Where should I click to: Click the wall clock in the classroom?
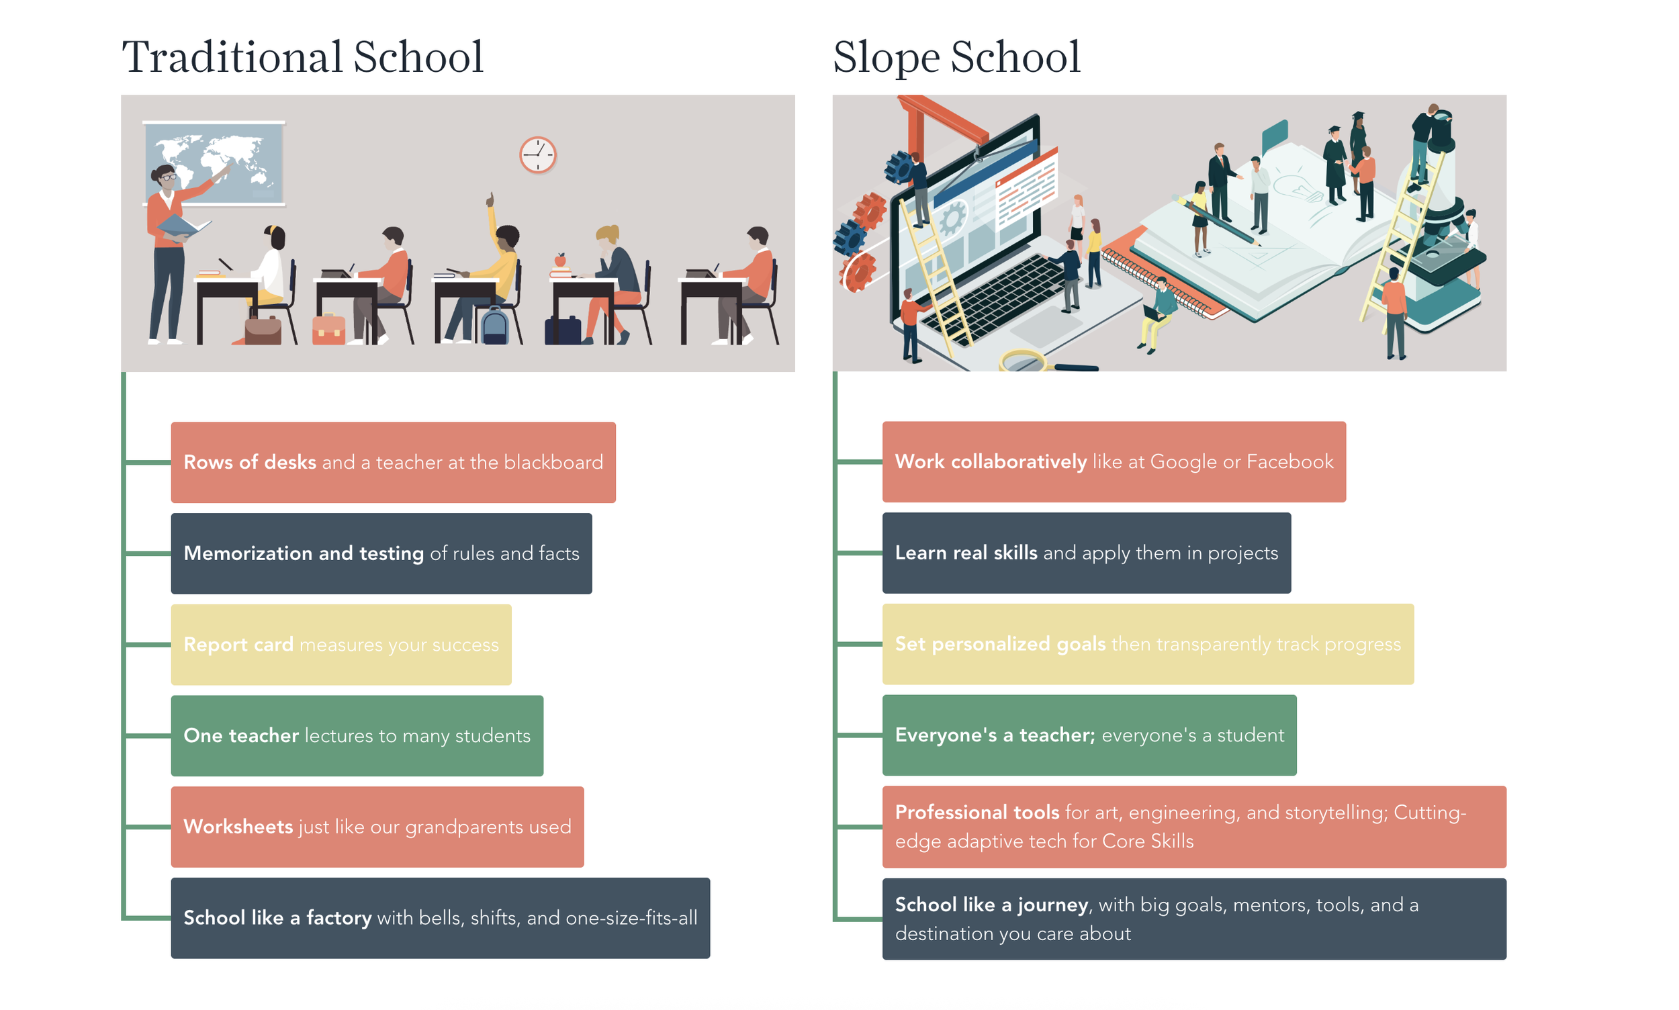(x=537, y=155)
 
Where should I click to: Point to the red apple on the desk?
(x=560, y=259)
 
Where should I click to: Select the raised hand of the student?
(x=489, y=199)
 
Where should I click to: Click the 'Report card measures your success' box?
(x=341, y=644)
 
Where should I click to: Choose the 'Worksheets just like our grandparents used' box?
(x=376, y=826)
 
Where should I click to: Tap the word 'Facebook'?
(x=1289, y=462)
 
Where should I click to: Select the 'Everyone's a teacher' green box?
(x=1088, y=735)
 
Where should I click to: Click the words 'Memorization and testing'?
(x=304, y=553)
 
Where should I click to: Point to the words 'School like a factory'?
(x=277, y=917)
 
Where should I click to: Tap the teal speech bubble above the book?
(x=1273, y=135)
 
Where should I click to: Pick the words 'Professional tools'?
(x=976, y=812)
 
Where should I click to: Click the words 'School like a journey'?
(x=991, y=905)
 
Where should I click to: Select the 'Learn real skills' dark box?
(x=1085, y=553)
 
